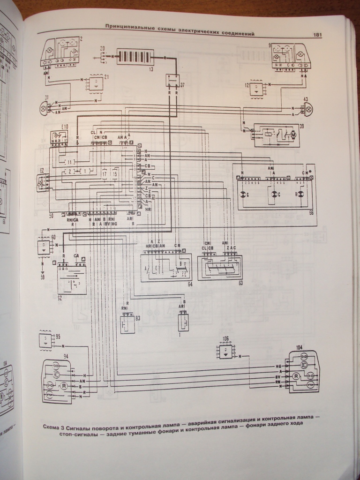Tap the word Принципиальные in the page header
pyautogui.click(x=126, y=26)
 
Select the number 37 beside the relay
pyautogui.click(x=182, y=85)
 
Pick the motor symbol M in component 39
pyautogui.click(x=293, y=135)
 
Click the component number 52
pyautogui.click(x=60, y=297)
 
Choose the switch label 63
pyautogui.click(x=240, y=283)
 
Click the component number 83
pyautogui.click(x=137, y=318)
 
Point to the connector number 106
pyautogui.click(x=225, y=338)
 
